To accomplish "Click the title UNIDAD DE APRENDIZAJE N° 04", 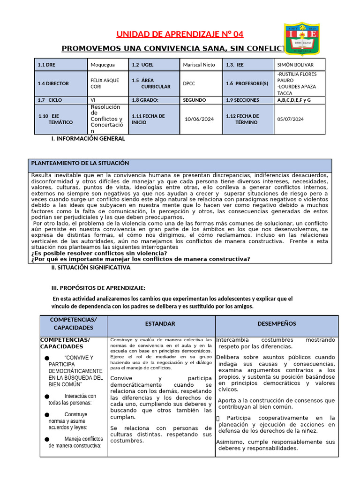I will pos(180,34).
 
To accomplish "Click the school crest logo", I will pos(303,39).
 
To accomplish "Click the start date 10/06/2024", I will pos(199,119).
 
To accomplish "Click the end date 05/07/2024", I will pos(291,119).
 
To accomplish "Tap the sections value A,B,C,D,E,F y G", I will pos(294,100).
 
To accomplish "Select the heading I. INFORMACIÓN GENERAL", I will pos(88,139).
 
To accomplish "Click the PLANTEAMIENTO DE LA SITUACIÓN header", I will pos(80,163).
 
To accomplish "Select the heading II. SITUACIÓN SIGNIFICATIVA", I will pos(91,268).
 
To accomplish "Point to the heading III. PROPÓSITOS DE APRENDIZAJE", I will pos(98,287).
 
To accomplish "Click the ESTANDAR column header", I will pos(160,324).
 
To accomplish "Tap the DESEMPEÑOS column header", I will pos(277,324).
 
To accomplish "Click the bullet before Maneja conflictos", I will pos(47,439).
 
